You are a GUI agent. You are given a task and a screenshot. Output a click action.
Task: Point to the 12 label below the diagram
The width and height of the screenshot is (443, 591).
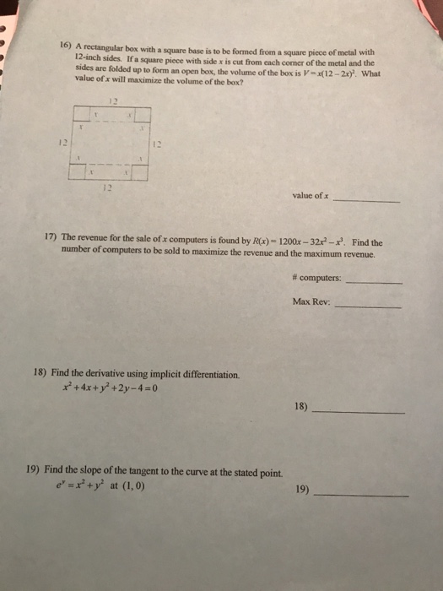[x=105, y=187]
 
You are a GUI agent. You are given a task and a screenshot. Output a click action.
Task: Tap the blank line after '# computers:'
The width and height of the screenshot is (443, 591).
[x=375, y=282]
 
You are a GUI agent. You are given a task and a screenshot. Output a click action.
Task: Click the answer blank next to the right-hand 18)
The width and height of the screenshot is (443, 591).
[x=358, y=411]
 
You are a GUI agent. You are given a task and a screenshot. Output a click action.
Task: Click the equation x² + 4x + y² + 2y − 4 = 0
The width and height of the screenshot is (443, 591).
[x=110, y=389]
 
